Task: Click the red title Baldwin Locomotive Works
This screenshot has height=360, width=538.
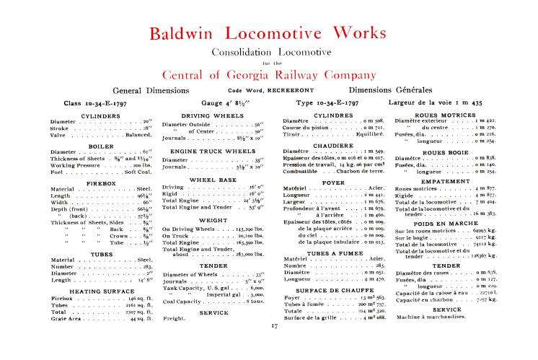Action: point(268,33)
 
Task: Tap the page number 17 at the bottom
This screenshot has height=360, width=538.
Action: point(275,326)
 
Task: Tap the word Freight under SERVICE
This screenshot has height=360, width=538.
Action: point(175,317)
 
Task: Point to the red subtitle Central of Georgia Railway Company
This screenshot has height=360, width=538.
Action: point(268,74)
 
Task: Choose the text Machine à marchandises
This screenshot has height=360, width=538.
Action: point(425,317)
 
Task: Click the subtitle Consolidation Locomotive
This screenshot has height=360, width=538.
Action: point(268,52)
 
